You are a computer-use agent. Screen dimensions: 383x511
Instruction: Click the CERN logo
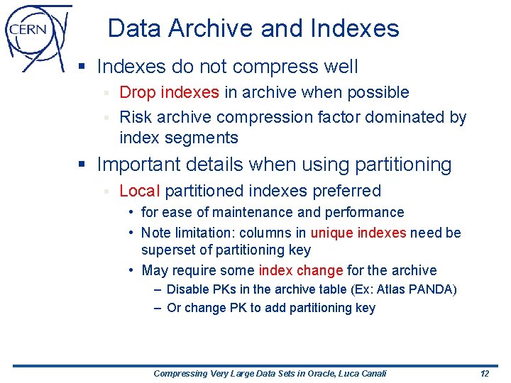coord(37,35)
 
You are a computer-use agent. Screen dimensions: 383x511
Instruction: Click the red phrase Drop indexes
coord(169,92)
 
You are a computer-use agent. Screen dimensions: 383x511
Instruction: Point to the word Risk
coord(135,117)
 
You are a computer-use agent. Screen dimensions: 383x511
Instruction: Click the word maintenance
coord(257,212)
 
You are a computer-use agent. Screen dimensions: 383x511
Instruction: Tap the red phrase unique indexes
coord(358,233)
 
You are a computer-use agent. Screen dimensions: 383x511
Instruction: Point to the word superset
coord(168,250)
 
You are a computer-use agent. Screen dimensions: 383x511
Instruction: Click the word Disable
coord(187,289)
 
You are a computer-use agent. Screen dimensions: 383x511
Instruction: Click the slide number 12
coord(484,373)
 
